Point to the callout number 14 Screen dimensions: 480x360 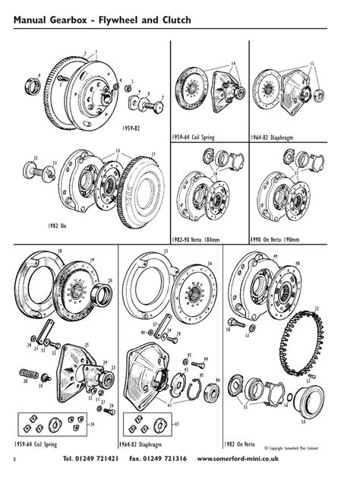click(233, 62)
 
